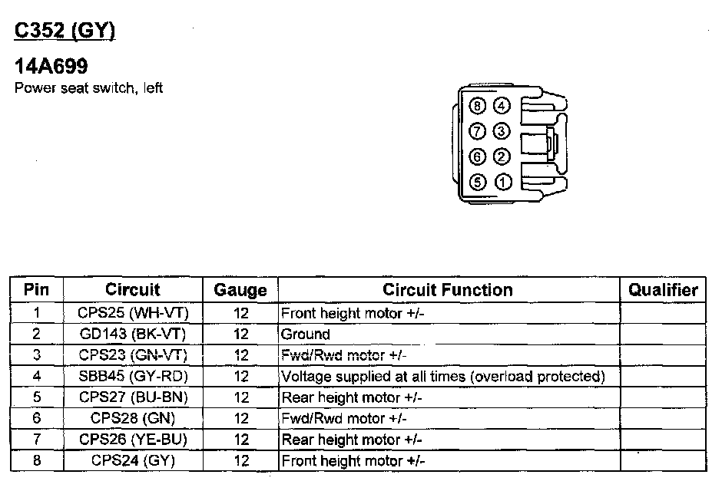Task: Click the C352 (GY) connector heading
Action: [65, 31]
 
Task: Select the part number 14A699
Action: [51, 68]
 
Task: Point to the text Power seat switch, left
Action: [89, 88]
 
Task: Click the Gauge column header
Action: [240, 291]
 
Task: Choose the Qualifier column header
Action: [663, 290]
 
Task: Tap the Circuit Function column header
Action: [448, 290]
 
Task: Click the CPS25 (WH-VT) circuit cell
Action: [133, 313]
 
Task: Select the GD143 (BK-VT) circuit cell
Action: [133, 334]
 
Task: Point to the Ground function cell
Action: [306, 334]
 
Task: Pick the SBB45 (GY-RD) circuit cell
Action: [133, 377]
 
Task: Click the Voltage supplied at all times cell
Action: [443, 377]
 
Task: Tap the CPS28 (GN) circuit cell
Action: [133, 419]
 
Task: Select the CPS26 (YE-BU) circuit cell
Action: [133, 440]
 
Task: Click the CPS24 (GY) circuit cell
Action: [133, 461]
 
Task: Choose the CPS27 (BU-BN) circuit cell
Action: [133, 397]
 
